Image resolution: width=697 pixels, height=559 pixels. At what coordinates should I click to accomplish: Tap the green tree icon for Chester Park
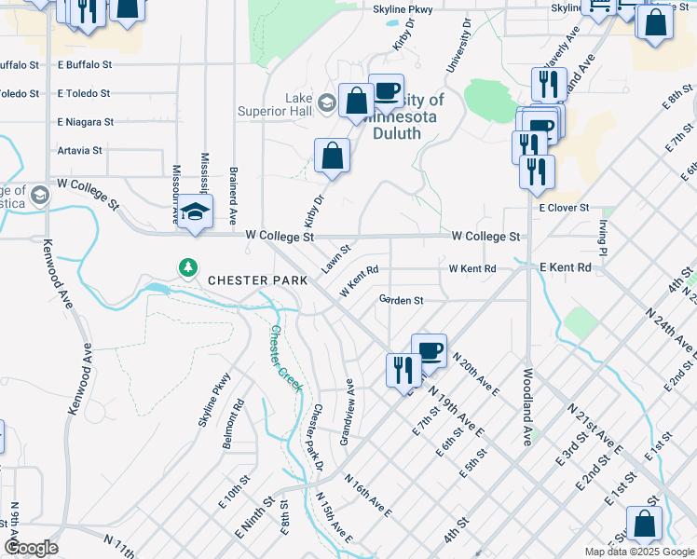pos(188,268)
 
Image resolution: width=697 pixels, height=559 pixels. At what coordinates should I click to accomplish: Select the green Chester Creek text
pos(286,357)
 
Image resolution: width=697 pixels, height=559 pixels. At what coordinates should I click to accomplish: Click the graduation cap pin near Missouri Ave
pos(196,212)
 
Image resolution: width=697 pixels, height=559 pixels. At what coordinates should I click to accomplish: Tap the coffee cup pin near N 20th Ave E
pos(429,350)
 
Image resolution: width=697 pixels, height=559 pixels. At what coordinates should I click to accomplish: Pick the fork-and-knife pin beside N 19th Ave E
pos(403,369)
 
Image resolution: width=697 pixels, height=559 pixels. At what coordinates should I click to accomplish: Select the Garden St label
pos(402,300)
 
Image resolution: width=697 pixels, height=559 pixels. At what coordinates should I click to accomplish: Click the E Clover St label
pos(564,208)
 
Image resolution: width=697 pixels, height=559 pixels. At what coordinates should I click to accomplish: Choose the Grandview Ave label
pos(347,411)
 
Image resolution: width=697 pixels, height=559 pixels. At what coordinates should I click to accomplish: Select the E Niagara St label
pos(85,122)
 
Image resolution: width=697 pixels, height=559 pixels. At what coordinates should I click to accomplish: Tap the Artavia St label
pos(79,150)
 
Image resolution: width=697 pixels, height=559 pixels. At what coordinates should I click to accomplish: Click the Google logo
pos(30,548)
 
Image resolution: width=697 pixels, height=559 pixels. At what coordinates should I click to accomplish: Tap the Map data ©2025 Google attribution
pos(638,552)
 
